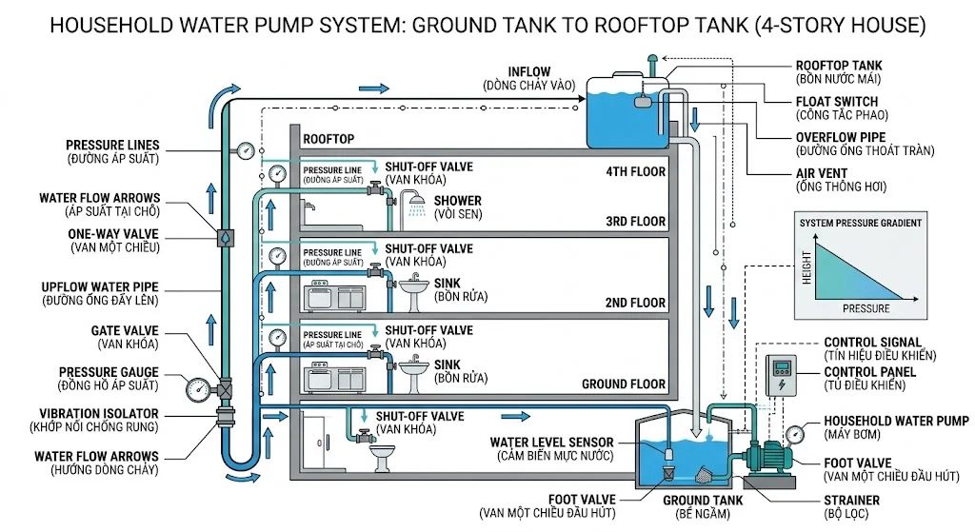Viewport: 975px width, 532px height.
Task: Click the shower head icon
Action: click(x=412, y=202)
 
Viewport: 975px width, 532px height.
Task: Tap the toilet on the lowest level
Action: click(x=382, y=459)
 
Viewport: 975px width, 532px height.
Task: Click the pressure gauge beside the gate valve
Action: click(x=198, y=388)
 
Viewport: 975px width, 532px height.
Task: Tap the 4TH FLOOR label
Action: click(x=635, y=173)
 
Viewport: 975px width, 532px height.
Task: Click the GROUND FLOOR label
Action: click(x=624, y=384)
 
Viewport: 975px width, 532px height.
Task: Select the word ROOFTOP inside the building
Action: click(x=328, y=139)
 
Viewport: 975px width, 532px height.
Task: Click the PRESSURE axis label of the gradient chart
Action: click(x=866, y=308)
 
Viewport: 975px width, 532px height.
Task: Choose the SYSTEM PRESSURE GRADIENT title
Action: click(x=860, y=223)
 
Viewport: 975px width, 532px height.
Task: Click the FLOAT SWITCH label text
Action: click(x=837, y=101)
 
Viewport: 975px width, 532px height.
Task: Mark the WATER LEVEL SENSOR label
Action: click(x=552, y=443)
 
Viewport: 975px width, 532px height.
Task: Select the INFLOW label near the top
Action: click(x=529, y=72)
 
